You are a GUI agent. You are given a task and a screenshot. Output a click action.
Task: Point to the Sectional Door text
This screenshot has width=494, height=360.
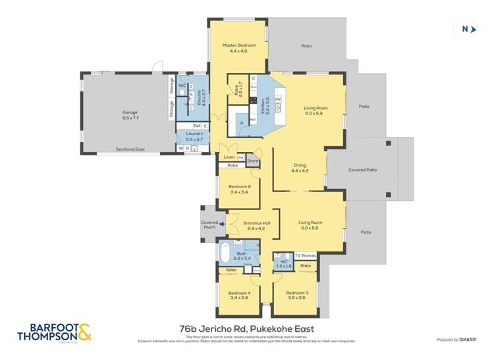(129, 149)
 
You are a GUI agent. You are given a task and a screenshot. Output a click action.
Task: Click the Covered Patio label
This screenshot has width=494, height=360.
(362, 169)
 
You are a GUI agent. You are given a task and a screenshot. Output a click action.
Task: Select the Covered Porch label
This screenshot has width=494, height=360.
(210, 225)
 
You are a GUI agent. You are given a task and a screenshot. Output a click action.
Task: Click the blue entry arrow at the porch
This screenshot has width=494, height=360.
(223, 224)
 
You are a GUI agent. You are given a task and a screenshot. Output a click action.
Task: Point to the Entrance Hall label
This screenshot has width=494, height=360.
(252, 225)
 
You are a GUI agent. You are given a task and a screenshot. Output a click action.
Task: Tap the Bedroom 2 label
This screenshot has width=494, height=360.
(239, 190)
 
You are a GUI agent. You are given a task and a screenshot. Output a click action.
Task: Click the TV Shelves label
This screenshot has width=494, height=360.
(306, 255)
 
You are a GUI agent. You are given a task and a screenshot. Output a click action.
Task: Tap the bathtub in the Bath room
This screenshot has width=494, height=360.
(225, 253)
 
